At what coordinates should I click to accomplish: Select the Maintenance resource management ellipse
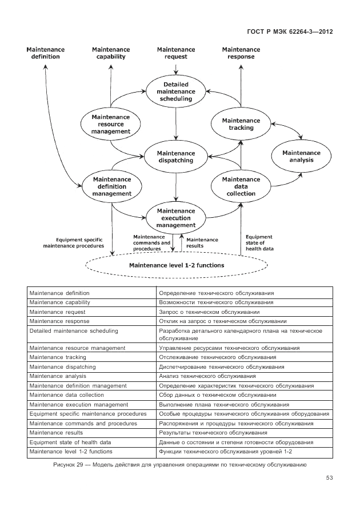(111, 124)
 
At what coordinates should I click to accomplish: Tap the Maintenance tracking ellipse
(241, 124)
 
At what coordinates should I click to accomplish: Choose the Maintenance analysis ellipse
(301, 157)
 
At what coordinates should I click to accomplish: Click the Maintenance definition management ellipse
(111, 186)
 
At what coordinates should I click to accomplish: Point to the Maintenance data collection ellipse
(241, 186)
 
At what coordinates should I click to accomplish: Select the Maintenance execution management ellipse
(175, 218)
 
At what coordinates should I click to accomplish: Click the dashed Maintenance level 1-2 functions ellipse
(176, 265)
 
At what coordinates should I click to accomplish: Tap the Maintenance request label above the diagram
(175, 53)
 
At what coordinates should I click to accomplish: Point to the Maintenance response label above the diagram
(241, 53)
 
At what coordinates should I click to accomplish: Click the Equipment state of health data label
(259, 242)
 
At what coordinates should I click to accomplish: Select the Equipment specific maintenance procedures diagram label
(74, 242)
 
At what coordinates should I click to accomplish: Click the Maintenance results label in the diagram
(202, 242)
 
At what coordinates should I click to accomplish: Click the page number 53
(329, 478)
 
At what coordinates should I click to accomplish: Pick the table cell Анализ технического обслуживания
(207, 376)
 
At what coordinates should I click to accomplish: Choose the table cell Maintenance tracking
(58, 357)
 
